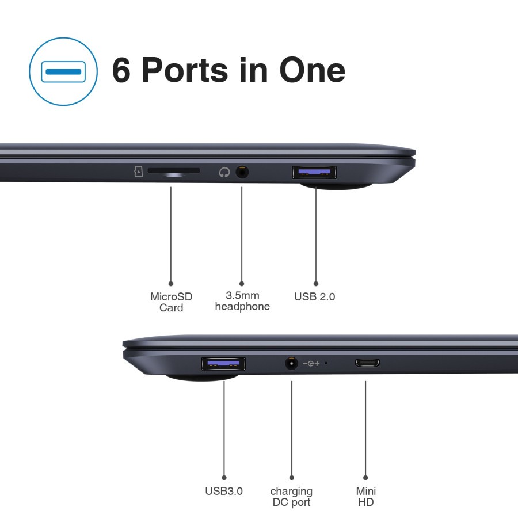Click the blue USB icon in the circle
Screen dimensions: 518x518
point(63,72)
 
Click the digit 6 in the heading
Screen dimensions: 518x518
point(121,70)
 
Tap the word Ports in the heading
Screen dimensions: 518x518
point(185,70)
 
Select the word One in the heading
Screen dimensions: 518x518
point(312,70)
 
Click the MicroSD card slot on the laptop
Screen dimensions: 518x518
point(174,170)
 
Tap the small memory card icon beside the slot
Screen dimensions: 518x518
point(138,172)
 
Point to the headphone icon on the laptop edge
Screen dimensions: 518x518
point(224,172)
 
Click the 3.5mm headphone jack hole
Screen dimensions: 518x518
point(242,172)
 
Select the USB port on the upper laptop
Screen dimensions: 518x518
point(314,172)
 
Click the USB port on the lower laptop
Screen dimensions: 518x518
point(223,364)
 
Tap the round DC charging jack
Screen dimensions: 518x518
point(291,363)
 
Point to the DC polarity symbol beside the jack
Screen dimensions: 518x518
point(311,363)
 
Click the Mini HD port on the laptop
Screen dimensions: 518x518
point(367,363)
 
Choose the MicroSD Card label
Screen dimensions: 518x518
point(171,302)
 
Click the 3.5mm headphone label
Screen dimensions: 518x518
point(242,301)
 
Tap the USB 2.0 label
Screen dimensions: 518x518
point(314,296)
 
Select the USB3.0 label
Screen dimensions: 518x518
point(224,491)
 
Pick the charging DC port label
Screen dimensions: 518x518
point(291,497)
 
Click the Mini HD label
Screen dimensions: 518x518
point(366,497)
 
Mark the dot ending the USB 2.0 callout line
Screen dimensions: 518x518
point(316,284)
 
